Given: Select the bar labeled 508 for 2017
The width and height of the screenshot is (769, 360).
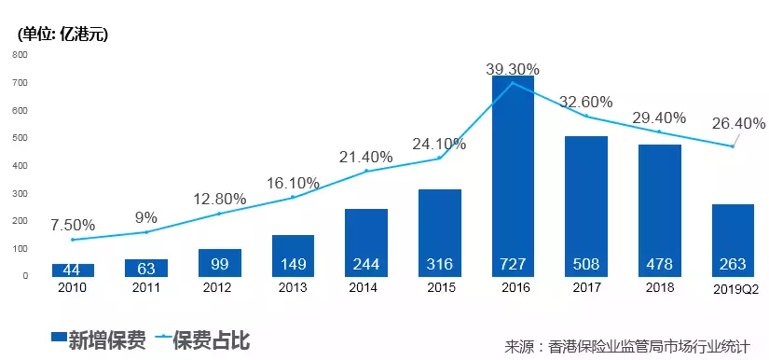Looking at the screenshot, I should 585,205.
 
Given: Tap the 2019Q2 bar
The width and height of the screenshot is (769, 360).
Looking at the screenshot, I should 732,240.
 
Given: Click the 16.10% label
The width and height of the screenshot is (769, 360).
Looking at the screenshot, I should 293,183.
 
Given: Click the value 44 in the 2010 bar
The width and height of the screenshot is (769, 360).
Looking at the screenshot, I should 72,269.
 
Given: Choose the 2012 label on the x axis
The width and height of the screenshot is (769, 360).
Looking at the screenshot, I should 219,287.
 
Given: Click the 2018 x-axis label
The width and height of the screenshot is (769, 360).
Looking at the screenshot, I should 659,287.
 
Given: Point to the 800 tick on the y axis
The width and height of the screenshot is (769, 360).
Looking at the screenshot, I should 19,55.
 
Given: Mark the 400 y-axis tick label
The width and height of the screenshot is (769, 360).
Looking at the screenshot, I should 19,166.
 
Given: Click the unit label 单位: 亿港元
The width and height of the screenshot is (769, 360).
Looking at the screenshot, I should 62,35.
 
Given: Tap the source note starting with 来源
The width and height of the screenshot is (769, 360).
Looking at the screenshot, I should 626,344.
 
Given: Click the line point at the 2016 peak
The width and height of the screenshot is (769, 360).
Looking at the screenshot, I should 513,83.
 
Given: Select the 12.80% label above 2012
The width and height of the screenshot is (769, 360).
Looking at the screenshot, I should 219,199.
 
